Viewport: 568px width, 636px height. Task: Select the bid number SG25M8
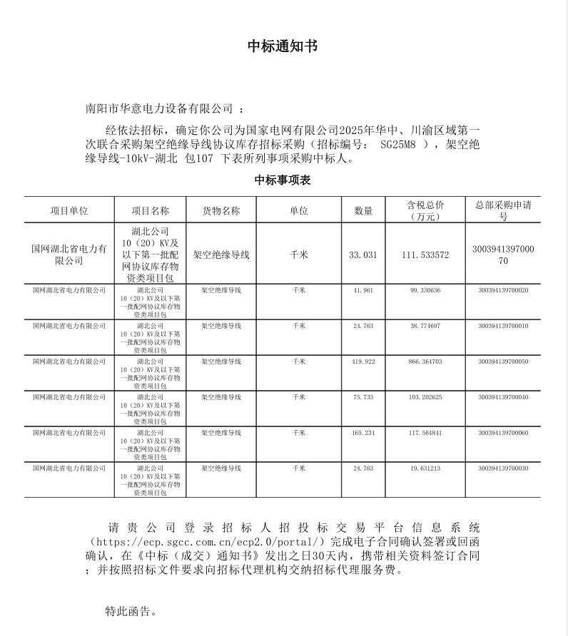point(399,144)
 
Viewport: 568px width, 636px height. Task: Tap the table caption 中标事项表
point(283,180)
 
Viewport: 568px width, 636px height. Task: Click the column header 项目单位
point(69,211)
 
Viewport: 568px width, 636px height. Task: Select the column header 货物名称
point(221,211)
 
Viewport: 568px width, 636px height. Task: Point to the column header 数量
point(363,211)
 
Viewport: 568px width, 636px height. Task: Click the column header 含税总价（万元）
point(425,211)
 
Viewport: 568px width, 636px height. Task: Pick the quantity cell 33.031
point(363,255)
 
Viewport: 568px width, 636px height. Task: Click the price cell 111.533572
point(425,255)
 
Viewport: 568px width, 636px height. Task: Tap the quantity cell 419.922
point(363,361)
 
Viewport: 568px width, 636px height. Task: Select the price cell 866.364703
point(425,361)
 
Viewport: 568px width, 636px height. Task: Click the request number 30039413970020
point(503,290)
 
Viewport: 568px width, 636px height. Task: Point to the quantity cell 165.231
point(363,433)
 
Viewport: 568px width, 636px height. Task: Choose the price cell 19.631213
point(425,468)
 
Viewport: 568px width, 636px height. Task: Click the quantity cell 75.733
point(363,397)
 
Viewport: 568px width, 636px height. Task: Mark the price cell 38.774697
point(425,326)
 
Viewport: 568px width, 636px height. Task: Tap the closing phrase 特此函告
point(128,611)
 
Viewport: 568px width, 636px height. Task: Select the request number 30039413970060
point(503,433)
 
